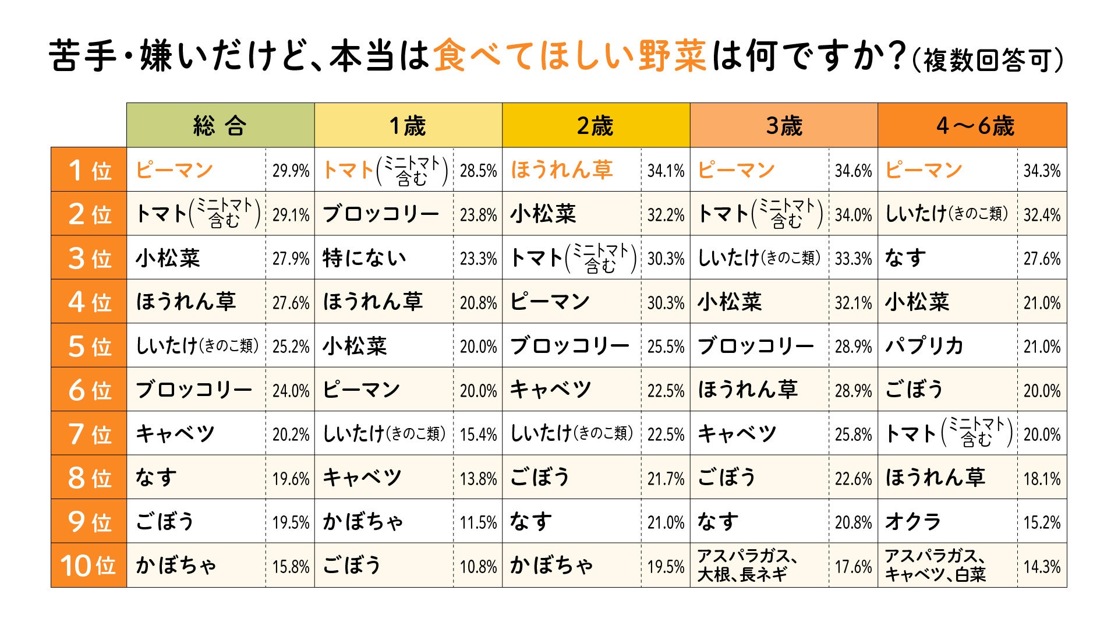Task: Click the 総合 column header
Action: pos(220,125)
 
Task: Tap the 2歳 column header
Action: pos(595,125)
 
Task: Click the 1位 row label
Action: pos(89,170)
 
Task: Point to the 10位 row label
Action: pos(89,566)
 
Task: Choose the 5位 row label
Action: pos(89,346)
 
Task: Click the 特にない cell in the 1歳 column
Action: pos(365,258)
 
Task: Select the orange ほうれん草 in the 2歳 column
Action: pos(562,170)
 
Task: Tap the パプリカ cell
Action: pos(924,346)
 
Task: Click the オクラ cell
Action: pos(912,522)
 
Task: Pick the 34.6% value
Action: pos(853,171)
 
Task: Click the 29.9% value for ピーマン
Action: pos(291,171)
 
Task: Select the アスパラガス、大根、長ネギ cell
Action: pos(747,566)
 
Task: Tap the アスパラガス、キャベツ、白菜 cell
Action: pos(935,566)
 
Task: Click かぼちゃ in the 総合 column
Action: pos(176,566)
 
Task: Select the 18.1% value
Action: pos(1042,478)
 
